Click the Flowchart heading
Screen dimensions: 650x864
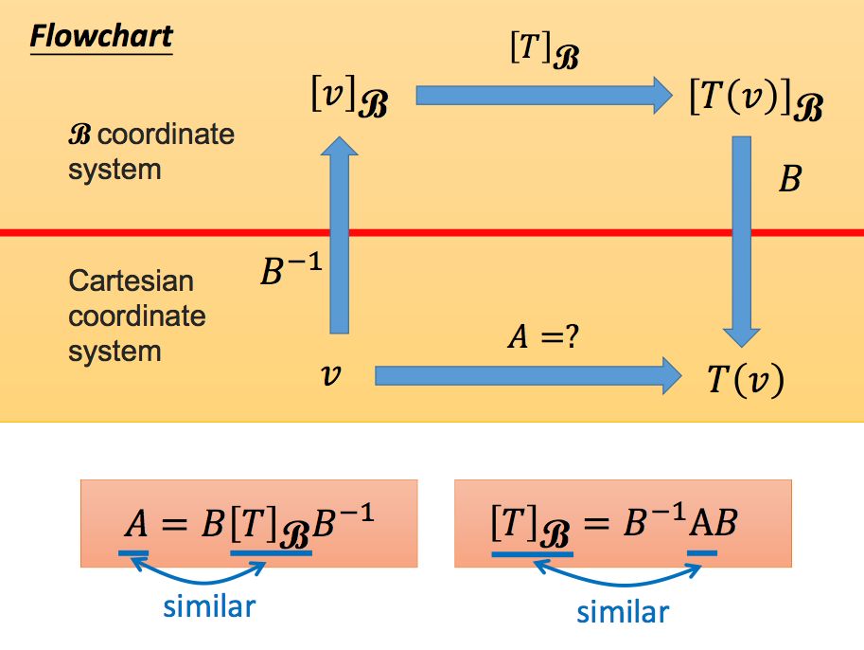coord(101,36)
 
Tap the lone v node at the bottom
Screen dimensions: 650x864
coord(331,376)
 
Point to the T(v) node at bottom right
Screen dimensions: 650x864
coord(746,380)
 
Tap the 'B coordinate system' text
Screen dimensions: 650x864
coord(150,152)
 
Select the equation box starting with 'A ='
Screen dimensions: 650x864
coord(249,523)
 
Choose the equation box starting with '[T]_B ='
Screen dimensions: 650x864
coord(623,523)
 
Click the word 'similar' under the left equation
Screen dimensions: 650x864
coord(209,605)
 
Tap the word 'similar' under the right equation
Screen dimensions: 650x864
coord(623,611)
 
